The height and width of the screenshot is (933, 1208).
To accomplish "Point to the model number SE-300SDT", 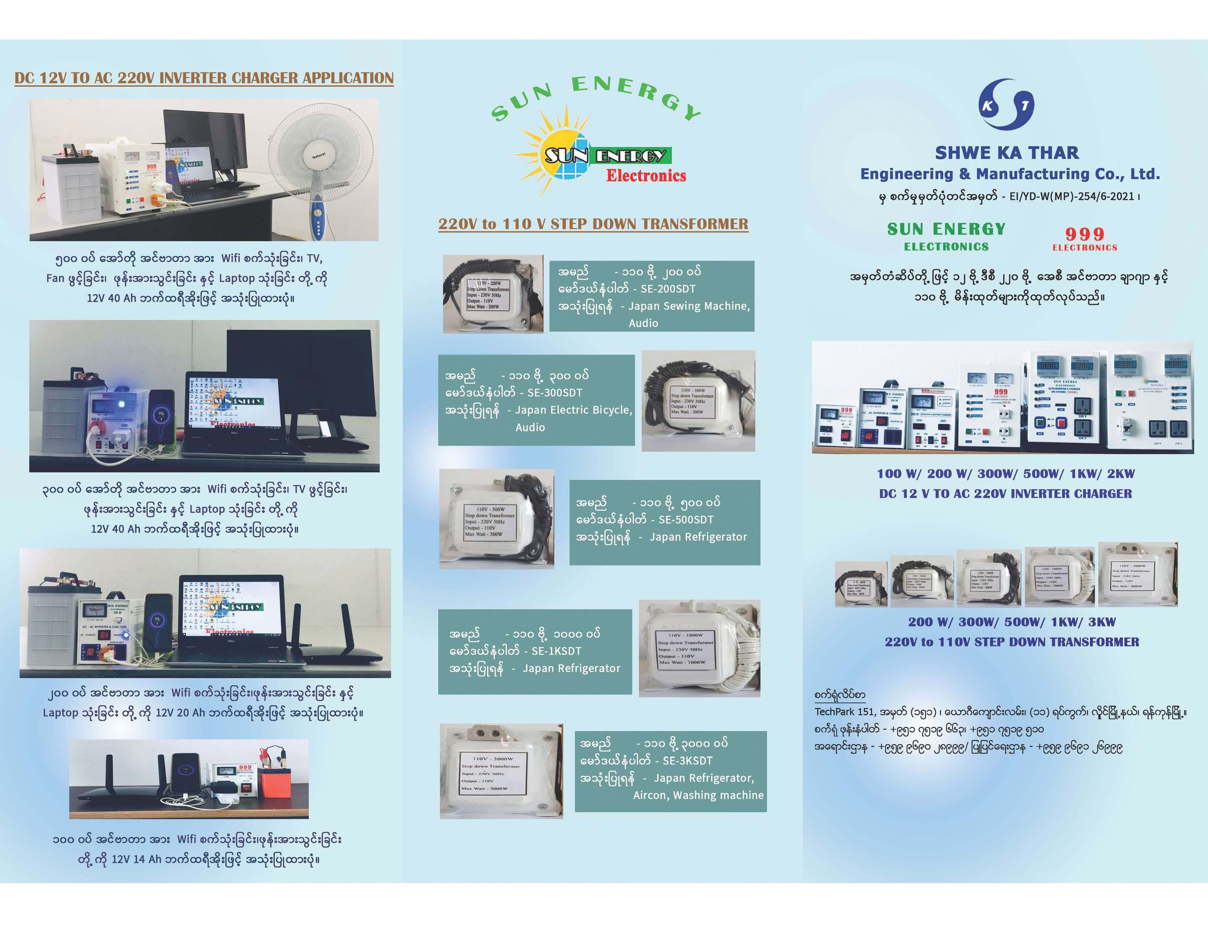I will (554, 393).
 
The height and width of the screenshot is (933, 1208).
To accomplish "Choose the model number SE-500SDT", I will (685, 520).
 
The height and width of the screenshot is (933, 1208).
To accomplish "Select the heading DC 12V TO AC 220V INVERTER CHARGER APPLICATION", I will (204, 78).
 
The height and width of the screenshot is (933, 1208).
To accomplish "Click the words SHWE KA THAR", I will (1007, 153).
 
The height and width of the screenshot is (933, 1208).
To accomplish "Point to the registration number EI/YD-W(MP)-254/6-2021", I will (1071, 196).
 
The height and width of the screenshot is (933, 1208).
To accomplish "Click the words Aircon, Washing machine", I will (698, 795).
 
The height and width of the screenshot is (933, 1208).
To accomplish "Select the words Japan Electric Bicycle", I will (573, 410).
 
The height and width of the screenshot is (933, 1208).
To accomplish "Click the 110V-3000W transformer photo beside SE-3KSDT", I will (501, 771).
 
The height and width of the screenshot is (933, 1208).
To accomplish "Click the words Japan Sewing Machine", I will (689, 306).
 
